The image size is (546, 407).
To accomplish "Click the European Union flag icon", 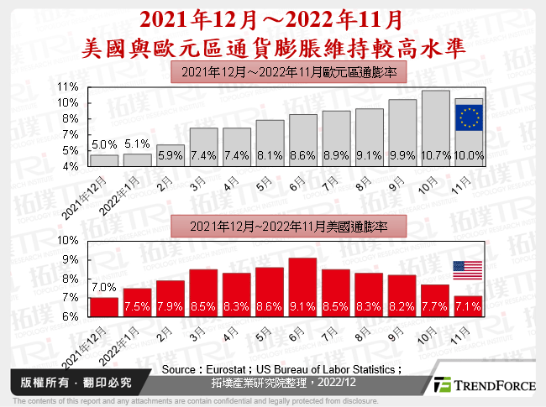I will tap(469, 118).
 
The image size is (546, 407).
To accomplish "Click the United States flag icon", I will tap(469, 270).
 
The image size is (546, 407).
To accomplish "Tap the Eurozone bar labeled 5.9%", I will tap(171, 155).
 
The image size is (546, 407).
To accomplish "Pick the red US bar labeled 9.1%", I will tap(302, 286).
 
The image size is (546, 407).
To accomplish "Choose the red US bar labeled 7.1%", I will tap(469, 305).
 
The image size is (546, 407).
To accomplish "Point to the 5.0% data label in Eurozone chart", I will tap(103, 144).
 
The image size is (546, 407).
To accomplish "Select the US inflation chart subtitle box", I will tap(289, 225).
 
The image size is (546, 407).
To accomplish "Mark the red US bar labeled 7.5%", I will tap(137, 302).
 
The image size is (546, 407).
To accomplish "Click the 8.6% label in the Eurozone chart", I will tap(302, 155).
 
